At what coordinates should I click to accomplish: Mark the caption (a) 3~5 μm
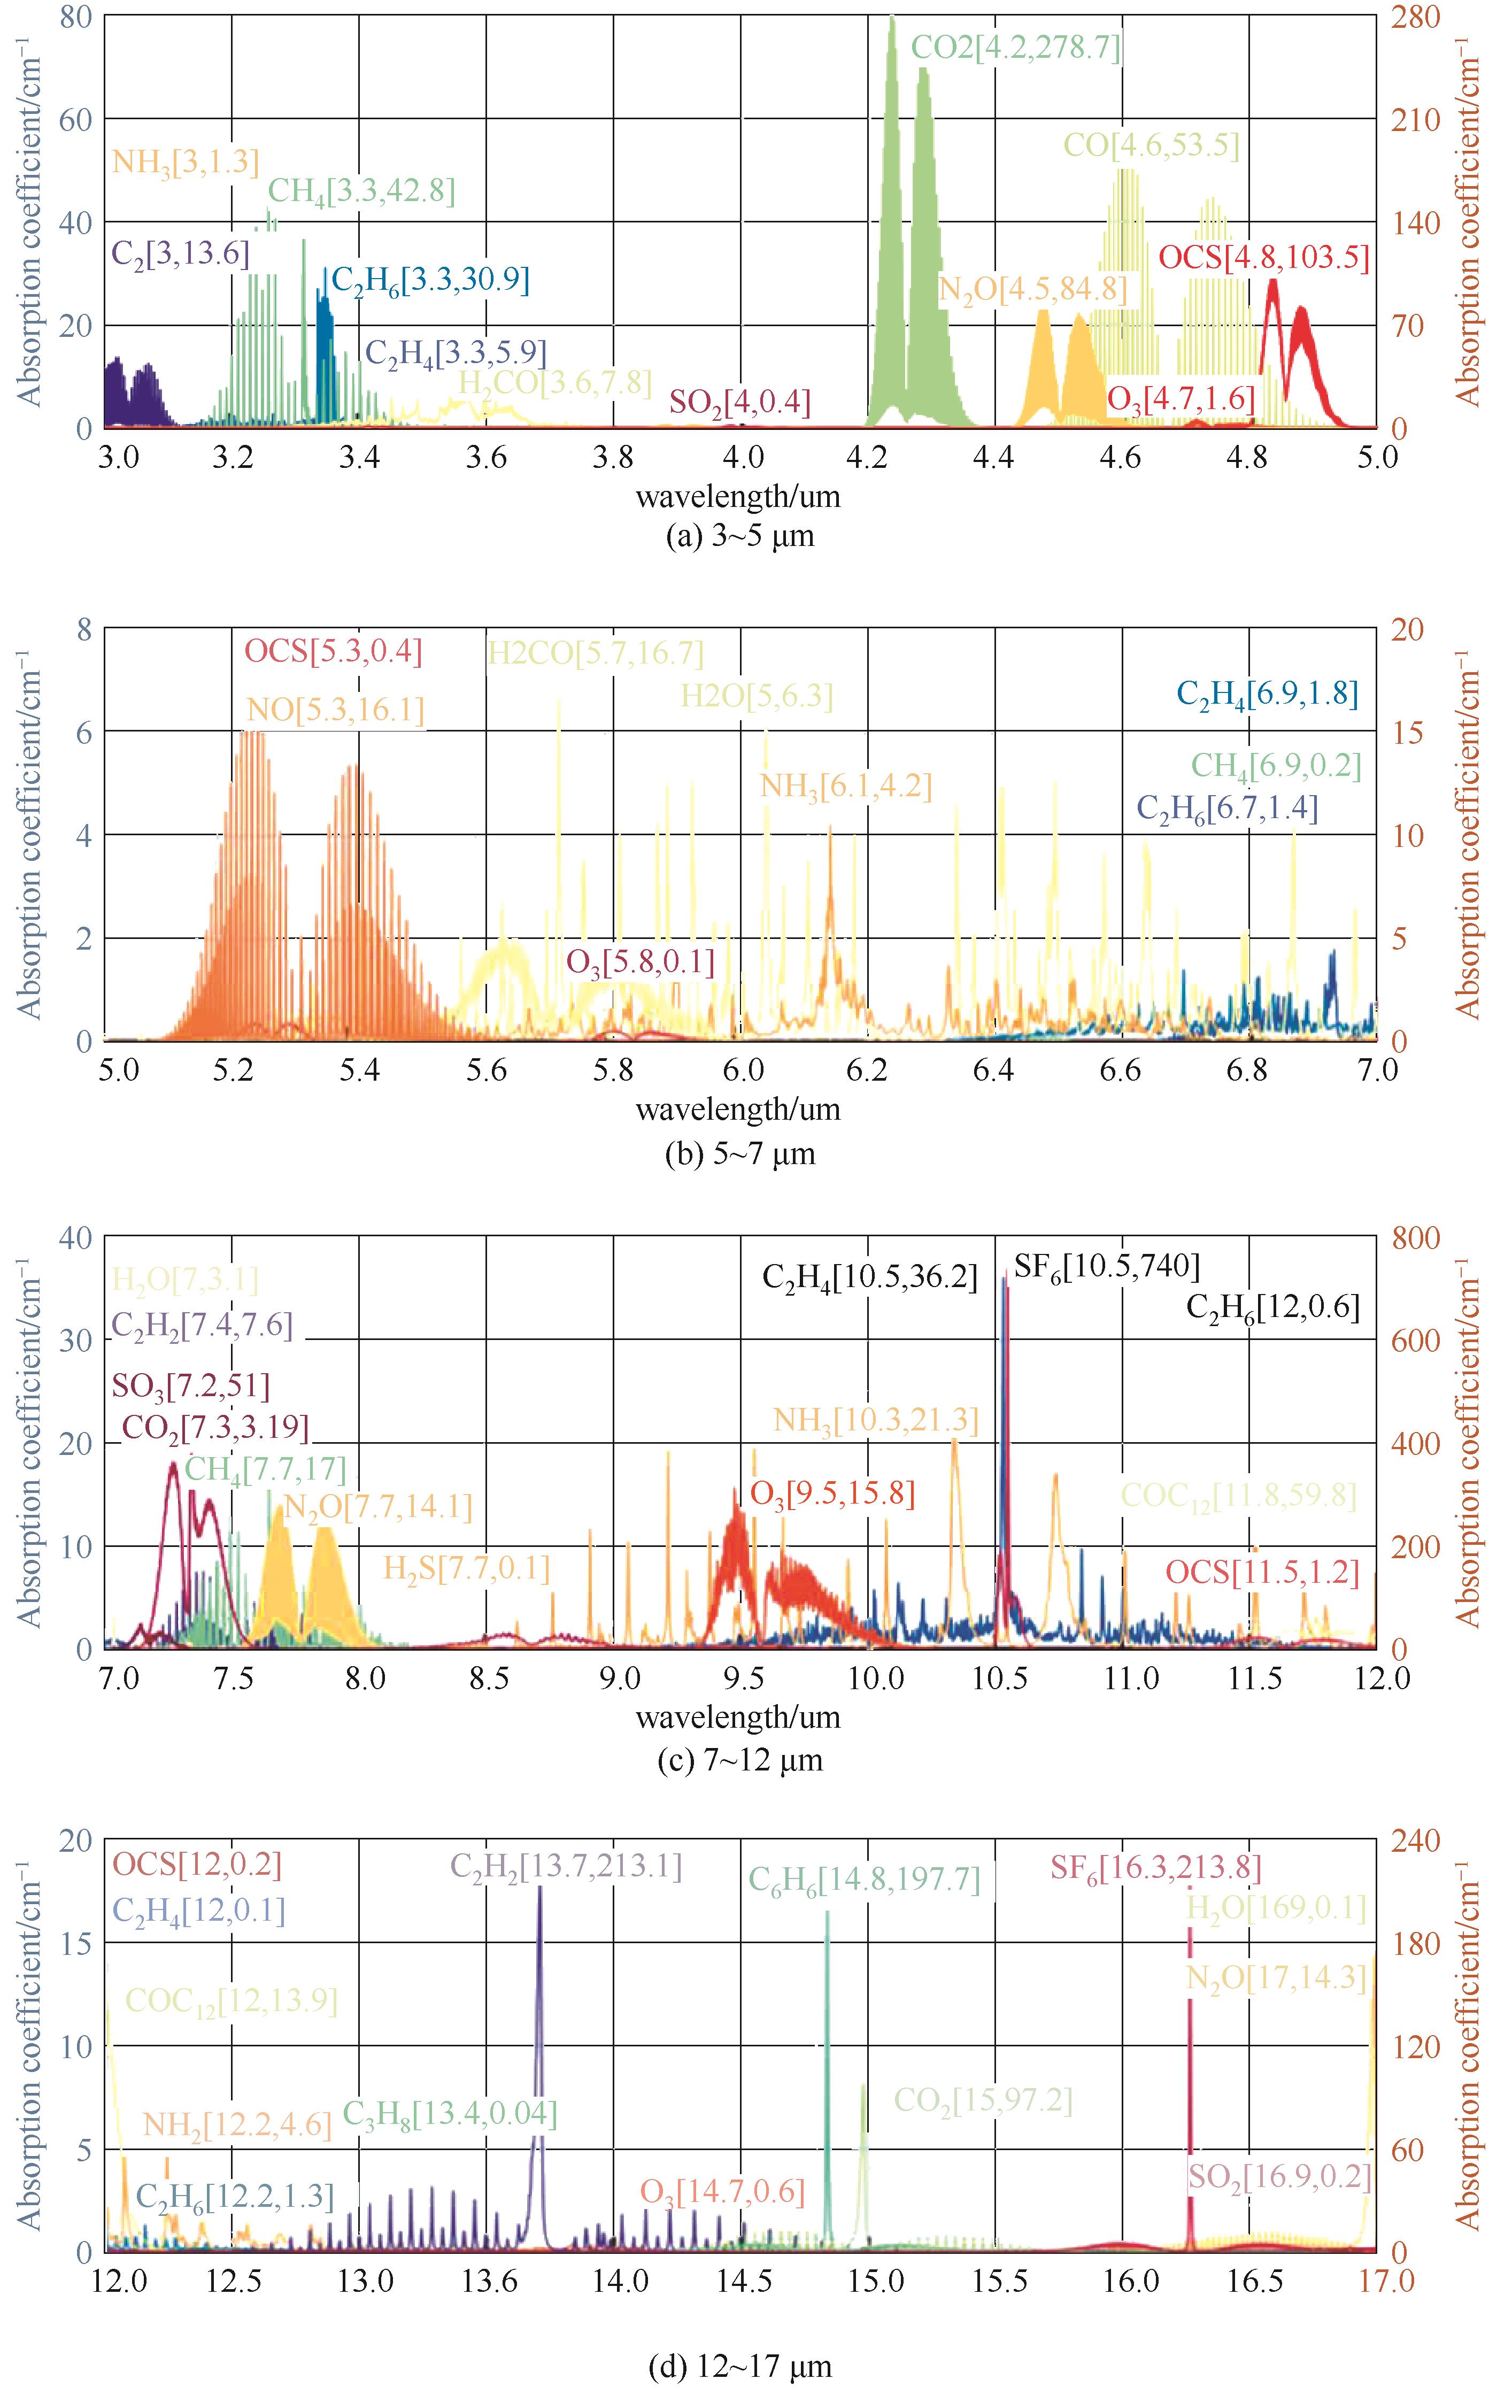(739, 537)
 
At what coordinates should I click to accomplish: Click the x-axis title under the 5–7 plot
(738, 1110)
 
